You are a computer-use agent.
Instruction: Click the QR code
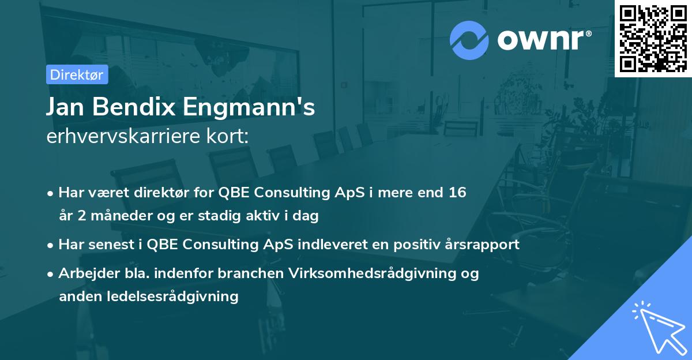pyautogui.click(x=653, y=39)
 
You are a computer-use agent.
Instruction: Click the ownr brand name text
pyautogui.click(x=544, y=39)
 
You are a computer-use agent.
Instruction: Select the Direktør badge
pyautogui.click(x=77, y=74)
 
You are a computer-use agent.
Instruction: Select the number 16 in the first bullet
pyautogui.click(x=457, y=193)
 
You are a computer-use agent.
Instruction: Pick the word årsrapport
pyautogui.click(x=483, y=245)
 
